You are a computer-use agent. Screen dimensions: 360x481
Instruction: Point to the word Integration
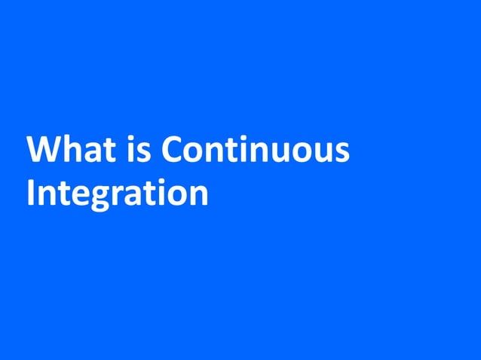[117, 194]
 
